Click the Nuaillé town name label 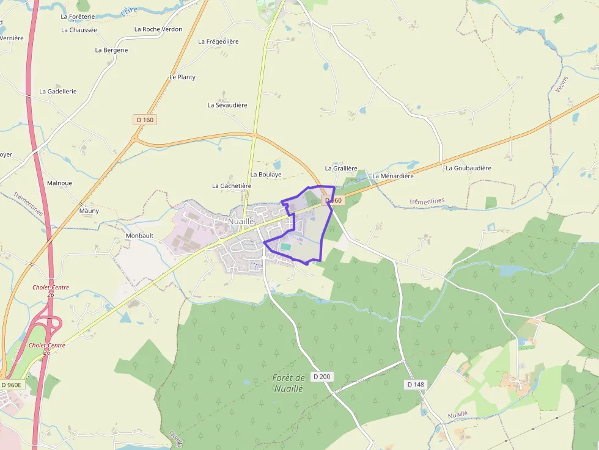point(241,220)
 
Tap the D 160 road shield point(145,120)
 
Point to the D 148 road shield point(416,384)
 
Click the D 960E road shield point(12,385)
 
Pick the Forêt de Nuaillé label point(288,383)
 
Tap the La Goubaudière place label point(468,168)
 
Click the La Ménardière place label point(393,176)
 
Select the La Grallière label point(341,168)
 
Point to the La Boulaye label point(266,175)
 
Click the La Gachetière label point(232,186)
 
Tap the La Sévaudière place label point(227,105)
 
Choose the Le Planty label point(182,77)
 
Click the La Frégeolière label point(218,42)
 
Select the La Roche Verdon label point(158,29)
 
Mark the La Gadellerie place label point(58,91)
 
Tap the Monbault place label point(139,235)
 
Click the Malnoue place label point(59,183)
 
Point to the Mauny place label point(89,211)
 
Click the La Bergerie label point(111,50)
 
